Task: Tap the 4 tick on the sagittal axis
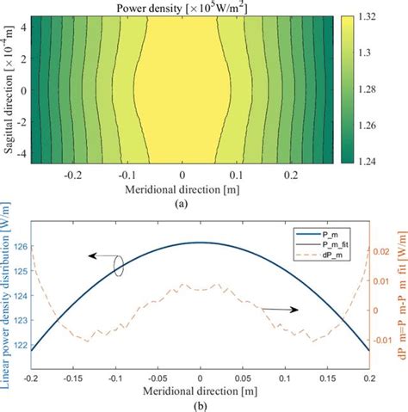tap(27, 29)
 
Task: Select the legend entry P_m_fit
tap(315, 243)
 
